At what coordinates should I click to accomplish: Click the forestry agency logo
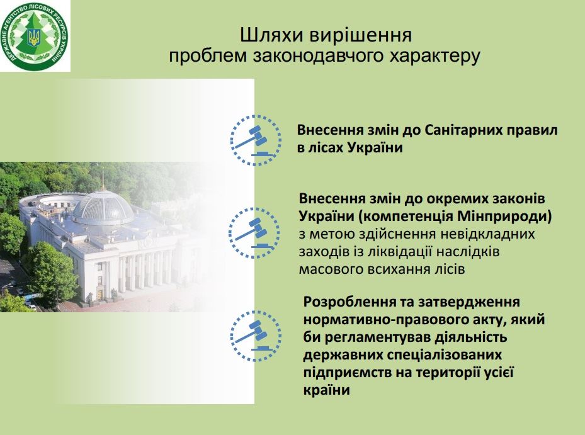pos(35,36)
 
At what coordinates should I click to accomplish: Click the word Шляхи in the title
pos(273,36)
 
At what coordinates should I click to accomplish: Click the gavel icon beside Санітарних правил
pos(256,140)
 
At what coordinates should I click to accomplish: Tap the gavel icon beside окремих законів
pos(254,233)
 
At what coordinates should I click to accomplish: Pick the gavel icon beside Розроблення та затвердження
pos(256,336)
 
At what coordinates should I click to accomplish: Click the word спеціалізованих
pos(445,356)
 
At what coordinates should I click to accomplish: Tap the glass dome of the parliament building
pos(103,207)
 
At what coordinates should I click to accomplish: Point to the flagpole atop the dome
pos(103,178)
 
